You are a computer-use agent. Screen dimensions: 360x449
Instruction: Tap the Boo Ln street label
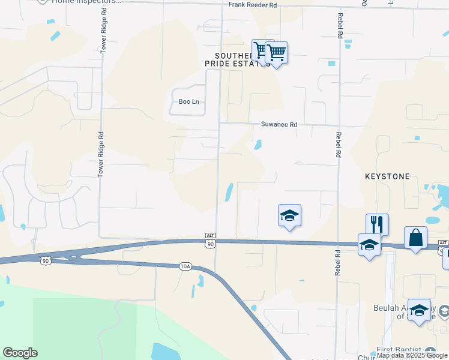click(x=188, y=102)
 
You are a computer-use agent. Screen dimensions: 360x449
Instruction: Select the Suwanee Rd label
click(x=279, y=125)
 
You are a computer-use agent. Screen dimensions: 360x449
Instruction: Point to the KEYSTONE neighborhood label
click(x=387, y=177)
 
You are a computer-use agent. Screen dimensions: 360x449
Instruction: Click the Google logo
click(x=20, y=353)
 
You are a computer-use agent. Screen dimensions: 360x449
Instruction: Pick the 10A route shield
click(x=184, y=266)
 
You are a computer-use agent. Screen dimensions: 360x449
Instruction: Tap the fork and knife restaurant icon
click(x=377, y=224)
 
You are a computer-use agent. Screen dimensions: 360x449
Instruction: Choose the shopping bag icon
click(x=415, y=238)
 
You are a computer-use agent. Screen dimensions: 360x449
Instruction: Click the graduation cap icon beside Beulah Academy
click(x=419, y=310)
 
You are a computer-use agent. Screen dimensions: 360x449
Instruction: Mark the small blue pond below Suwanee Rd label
click(x=258, y=145)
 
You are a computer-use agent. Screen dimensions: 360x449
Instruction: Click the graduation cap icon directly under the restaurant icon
click(x=369, y=245)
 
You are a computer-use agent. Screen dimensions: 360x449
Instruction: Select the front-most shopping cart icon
click(x=276, y=53)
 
